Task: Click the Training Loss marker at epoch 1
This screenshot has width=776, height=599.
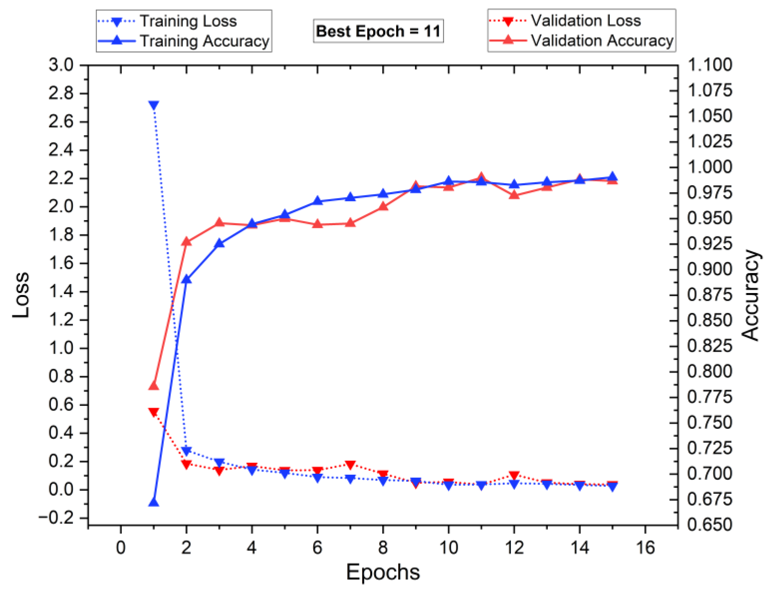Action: click(x=154, y=106)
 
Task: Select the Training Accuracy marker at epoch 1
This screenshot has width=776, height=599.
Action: click(x=154, y=502)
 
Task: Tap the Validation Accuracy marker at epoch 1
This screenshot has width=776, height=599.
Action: click(x=154, y=385)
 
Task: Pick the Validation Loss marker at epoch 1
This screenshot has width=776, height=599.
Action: click(x=154, y=412)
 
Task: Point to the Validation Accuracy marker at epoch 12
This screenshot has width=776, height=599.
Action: click(x=514, y=195)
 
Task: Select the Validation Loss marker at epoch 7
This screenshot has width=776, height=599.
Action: click(x=350, y=465)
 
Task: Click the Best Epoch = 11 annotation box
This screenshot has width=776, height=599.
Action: click(x=378, y=31)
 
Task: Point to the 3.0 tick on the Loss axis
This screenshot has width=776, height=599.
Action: click(x=61, y=65)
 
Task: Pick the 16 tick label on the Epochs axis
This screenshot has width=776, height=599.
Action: click(x=645, y=548)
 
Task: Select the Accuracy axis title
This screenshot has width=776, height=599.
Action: click(x=750, y=295)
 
